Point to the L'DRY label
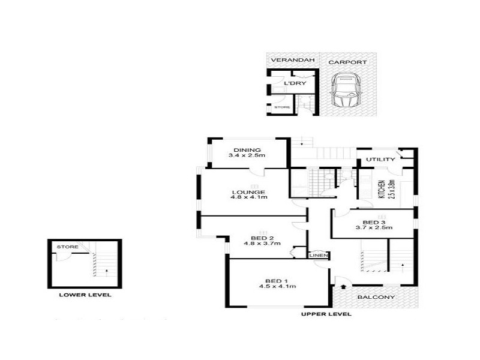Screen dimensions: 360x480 [295, 83]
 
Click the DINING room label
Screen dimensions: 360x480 [247, 149]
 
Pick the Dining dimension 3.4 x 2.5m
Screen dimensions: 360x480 [247, 156]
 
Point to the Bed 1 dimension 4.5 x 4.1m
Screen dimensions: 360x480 [277, 287]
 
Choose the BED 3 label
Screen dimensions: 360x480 [374, 221]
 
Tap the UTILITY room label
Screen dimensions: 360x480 [380, 160]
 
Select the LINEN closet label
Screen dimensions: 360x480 [319, 256]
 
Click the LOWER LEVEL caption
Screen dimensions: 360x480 [85, 295]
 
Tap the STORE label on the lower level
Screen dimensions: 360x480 [64, 247]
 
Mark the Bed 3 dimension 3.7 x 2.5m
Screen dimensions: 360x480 [374, 227]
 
